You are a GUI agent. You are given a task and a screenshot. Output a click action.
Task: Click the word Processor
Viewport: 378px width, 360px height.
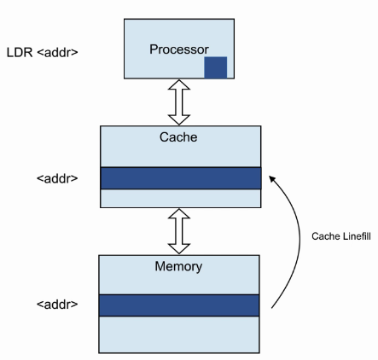pos(179,49)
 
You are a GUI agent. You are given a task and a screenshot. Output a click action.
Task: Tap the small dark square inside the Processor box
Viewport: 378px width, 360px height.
pos(216,67)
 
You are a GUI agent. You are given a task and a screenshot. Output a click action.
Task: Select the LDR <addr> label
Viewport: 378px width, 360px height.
pos(43,53)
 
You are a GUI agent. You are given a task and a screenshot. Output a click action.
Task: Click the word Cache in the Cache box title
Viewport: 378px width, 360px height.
pos(178,137)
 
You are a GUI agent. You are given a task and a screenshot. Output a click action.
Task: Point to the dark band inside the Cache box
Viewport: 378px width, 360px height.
pos(181,178)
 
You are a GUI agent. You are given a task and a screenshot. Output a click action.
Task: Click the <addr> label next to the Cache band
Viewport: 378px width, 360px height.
pos(57,178)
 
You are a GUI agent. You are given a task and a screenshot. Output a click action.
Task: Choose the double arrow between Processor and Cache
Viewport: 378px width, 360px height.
pos(179,102)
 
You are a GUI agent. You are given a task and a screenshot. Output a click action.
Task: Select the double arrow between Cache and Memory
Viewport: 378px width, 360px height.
pos(179,231)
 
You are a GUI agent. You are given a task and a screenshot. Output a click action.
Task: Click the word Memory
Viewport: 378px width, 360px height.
pos(178,267)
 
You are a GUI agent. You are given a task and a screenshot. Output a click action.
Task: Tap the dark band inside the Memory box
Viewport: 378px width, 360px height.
pos(179,305)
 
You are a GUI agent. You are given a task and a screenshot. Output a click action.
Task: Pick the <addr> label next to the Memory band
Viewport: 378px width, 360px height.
pos(57,305)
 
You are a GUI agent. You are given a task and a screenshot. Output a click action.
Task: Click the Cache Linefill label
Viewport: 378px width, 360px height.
pos(341,236)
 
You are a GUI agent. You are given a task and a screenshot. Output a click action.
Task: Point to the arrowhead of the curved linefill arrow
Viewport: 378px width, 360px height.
pos(272,178)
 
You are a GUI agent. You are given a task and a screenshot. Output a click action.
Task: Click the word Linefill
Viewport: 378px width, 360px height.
pos(357,236)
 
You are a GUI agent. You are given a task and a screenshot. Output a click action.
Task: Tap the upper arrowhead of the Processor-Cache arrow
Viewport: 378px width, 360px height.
pos(179,84)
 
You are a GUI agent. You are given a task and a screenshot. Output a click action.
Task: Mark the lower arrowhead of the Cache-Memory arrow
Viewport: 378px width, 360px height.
pos(179,249)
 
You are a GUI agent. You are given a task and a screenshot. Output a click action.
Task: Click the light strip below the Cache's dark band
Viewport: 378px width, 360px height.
pos(181,198)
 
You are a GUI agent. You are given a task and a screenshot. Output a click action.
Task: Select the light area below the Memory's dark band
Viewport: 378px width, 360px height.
pos(179,334)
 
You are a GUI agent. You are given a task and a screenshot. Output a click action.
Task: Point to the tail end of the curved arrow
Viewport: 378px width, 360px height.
pos(272,308)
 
